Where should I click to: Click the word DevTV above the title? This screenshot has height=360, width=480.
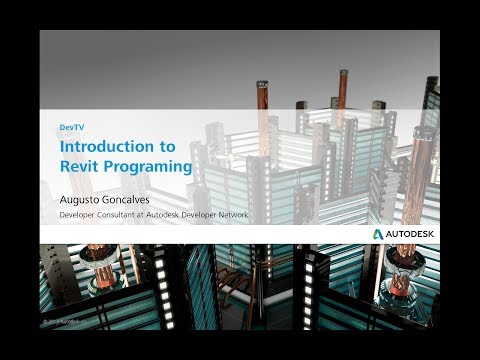tap(71, 128)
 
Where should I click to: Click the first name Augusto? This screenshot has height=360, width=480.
tap(85, 198)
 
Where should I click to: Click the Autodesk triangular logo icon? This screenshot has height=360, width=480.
tap(379, 233)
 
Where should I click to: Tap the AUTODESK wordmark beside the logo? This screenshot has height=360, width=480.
tap(411, 233)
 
